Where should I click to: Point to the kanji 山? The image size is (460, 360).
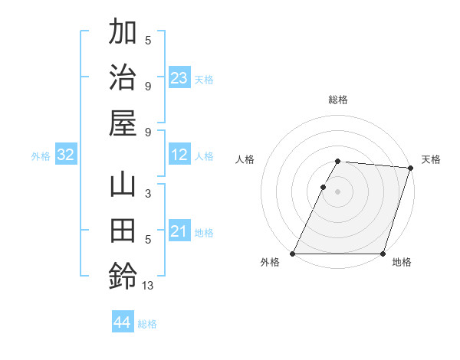(x=123, y=186)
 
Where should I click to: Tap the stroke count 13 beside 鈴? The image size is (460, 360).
(x=147, y=286)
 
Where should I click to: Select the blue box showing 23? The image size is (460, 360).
(x=179, y=78)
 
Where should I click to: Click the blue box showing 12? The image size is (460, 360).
(x=179, y=155)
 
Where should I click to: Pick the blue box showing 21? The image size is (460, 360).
(x=179, y=231)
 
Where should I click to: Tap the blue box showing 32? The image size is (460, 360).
(x=66, y=155)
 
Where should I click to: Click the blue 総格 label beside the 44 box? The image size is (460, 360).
(x=147, y=324)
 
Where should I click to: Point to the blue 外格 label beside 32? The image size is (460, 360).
(x=41, y=156)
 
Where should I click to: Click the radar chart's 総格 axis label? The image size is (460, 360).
(x=338, y=100)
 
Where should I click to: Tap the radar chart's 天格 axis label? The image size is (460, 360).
(x=432, y=159)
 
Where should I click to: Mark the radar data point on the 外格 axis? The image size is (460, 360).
(x=293, y=254)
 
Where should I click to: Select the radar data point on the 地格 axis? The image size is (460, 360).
(x=383, y=254)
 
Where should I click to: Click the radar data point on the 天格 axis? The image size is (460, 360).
(x=411, y=168)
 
